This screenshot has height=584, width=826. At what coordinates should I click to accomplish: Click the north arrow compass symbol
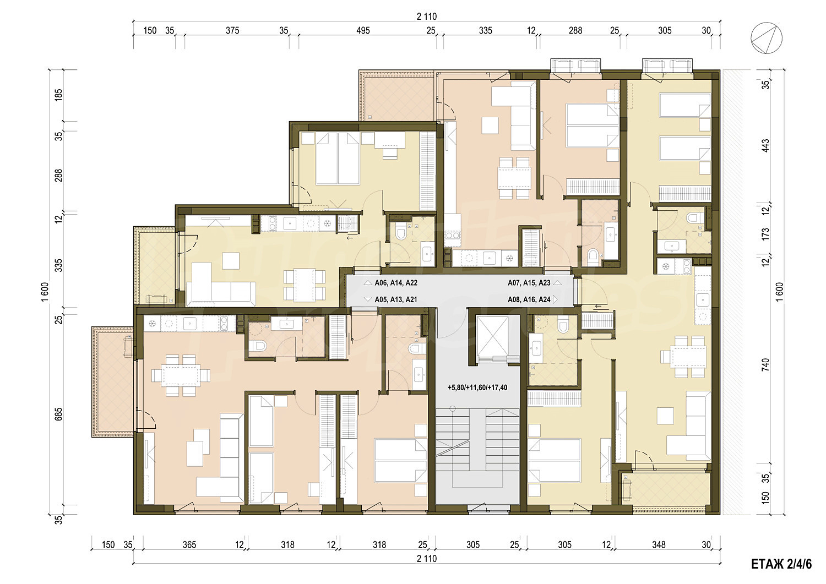(x=767, y=38)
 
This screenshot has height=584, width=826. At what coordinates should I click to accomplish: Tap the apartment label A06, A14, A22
(x=396, y=283)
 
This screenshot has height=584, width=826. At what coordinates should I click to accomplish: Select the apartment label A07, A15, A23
(x=529, y=283)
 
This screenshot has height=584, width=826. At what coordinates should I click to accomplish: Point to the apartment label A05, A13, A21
(x=396, y=299)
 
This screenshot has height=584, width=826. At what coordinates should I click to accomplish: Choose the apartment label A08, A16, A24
(x=529, y=299)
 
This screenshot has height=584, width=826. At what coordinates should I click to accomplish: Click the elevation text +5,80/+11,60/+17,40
(x=477, y=387)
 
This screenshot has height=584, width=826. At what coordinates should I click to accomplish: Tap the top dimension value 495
(x=363, y=31)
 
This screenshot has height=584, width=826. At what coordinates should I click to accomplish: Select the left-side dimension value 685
(x=58, y=414)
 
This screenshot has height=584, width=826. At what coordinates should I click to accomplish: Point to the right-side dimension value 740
(x=765, y=364)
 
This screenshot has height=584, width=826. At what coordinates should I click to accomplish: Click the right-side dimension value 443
(x=765, y=146)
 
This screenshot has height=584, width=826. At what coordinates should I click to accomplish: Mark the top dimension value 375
(x=232, y=31)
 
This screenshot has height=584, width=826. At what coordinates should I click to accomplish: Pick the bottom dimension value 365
(x=189, y=544)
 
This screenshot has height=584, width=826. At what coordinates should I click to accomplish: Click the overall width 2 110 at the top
(x=427, y=17)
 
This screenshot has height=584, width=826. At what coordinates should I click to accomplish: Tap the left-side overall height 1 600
(x=45, y=292)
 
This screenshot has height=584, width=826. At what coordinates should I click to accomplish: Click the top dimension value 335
(x=485, y=31)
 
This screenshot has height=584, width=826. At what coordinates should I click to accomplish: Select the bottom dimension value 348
(x=659, y=544)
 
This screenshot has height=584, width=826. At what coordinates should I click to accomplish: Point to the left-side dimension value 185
(x=58, y=95)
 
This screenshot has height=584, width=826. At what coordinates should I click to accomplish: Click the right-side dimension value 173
(x=765, y=233)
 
